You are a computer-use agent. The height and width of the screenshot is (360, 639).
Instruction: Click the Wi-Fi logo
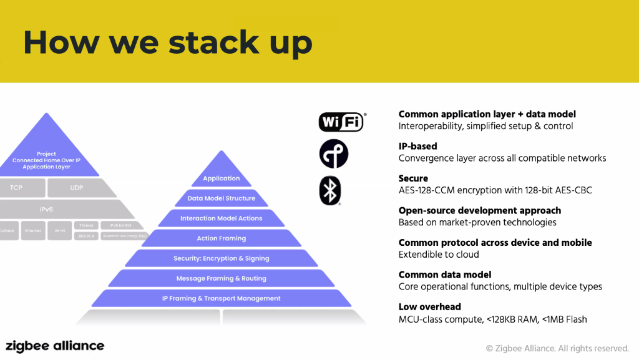tap(341, 122)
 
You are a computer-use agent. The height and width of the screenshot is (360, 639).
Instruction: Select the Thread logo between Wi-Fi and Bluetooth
tap(333, 155)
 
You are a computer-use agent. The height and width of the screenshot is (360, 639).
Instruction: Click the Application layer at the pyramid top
tap(221, 178)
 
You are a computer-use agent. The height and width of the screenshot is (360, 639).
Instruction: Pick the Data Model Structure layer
tap(221, 198)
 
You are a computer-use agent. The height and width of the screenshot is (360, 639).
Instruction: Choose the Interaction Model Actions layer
tap(221, 218)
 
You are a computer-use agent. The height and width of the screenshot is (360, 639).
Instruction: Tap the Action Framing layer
tap(221, 238)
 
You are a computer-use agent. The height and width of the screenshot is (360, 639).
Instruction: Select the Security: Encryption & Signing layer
tap(221, 258)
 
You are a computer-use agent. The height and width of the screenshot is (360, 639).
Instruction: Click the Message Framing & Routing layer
tap(221, 278)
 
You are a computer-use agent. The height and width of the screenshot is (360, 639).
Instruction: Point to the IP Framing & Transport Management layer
tap(221, 298)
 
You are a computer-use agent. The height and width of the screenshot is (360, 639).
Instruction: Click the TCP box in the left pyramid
tap(17, 187)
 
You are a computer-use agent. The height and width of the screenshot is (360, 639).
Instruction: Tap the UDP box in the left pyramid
tap(76, 187)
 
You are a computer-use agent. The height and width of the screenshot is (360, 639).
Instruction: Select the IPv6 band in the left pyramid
tap(46, 209)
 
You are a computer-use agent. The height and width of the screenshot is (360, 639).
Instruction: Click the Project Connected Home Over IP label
tap(46, 160)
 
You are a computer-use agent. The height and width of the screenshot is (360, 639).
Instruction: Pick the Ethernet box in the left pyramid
tap(34, 230)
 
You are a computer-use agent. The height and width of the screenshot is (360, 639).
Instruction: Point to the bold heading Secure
tap(413, 178)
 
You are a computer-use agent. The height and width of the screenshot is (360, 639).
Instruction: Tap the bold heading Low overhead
tap(429, 307)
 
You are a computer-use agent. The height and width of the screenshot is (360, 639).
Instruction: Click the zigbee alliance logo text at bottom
tap(55, 346)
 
